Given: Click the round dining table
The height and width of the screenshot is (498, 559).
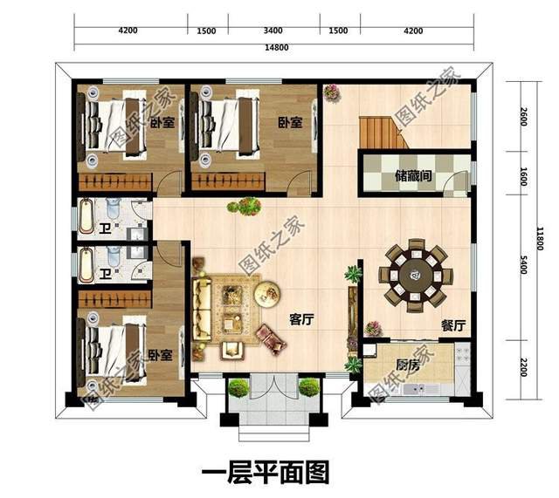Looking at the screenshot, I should point(415,272).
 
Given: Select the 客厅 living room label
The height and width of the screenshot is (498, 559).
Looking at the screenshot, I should point(301,320).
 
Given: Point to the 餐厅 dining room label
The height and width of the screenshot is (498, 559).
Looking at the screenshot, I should point(452,325).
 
